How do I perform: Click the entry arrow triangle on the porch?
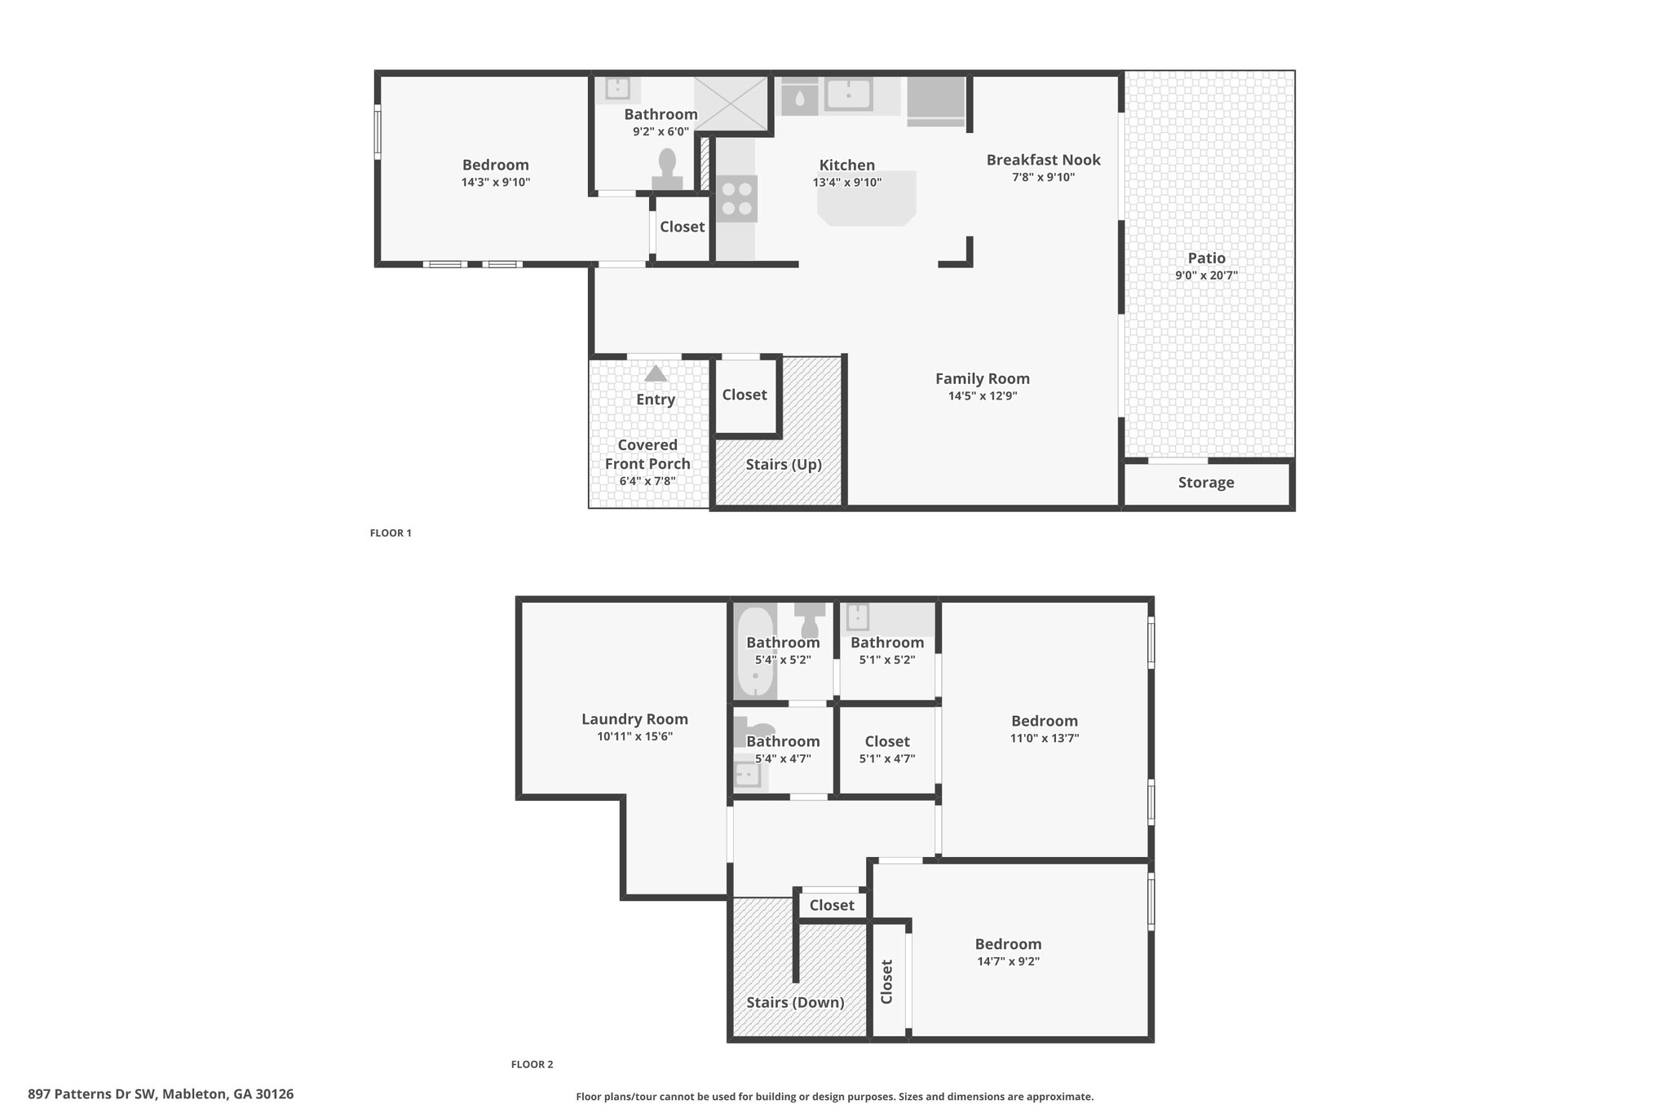coord(656,373)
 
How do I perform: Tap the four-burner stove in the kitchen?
coord(737,198)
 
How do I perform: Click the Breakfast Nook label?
coord(1043,160)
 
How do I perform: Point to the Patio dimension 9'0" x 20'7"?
coord(1206,276)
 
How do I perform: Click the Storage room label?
coord(1206,482)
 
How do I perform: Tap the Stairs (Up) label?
coord(784,464)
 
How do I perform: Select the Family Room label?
coord(982,378)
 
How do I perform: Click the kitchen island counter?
coord(867,198)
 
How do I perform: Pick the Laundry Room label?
coord(634,719)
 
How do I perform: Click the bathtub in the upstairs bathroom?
coord(755,652)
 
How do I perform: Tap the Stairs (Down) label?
coord(795,1002)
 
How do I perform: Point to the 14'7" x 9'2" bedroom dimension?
coord(1008,961)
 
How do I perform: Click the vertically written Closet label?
coord(887,981)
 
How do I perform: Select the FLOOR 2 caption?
coord(532,1064)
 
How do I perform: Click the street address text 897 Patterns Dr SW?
coord(91,1094)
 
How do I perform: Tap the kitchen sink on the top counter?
coord(848,95)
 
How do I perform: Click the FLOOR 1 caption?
coord(391,532)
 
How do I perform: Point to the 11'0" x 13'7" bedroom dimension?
coord(1045,739)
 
